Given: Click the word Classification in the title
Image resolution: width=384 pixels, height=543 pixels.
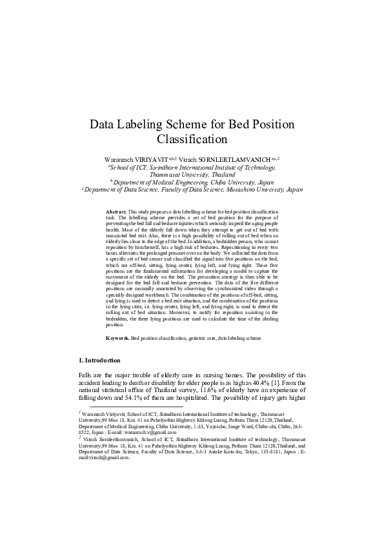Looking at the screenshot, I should point(192,139).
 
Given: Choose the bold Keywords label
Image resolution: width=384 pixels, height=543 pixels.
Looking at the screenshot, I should point(117,338).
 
